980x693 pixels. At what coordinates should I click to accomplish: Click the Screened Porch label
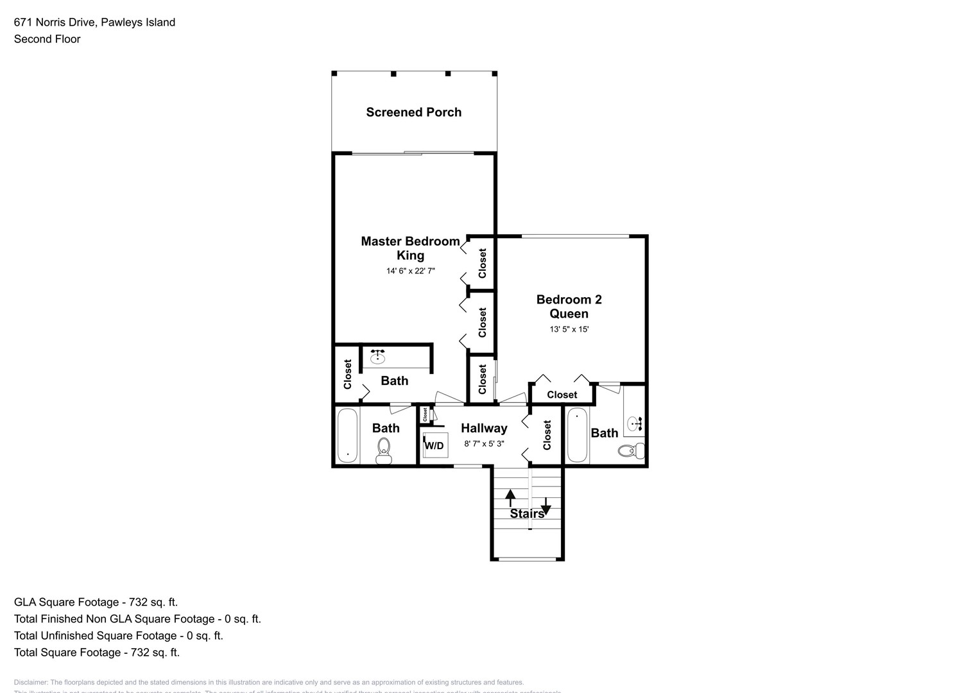413,112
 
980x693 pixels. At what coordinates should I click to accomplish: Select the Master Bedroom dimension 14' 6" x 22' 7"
410,271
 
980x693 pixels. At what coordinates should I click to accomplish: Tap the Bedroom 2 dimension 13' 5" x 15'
569,329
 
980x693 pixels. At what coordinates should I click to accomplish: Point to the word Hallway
484,428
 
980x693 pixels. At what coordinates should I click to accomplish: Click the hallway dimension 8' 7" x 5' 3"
484,443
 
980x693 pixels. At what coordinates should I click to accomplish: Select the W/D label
434,445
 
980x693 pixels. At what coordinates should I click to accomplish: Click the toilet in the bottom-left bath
384,449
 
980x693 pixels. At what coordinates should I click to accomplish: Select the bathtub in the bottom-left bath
347,435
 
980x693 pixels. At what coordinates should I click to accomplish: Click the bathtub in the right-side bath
577,434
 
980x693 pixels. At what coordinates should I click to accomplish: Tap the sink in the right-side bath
635,424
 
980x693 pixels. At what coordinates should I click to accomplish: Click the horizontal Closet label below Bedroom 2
562,395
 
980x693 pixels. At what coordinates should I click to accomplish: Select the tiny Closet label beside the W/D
425,415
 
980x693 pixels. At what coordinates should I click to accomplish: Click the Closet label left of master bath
348,374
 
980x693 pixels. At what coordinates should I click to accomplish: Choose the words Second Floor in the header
47,39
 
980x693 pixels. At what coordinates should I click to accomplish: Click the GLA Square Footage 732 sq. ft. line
96,602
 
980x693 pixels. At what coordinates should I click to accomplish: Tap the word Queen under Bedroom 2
569,314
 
